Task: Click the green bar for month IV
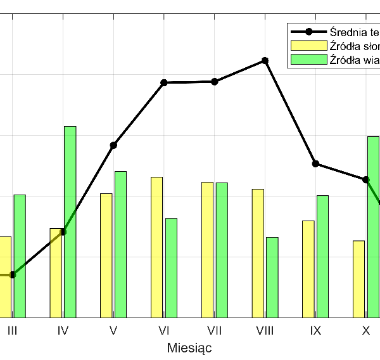coord(70,222)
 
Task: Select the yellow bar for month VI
coord(156,247)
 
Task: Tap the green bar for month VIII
coord(272,277)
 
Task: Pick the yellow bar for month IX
coord(308,269)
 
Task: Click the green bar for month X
coord(373,226)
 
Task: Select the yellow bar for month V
coord(106,255)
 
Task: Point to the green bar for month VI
coord(171,267)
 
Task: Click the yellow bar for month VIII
coord(258,253)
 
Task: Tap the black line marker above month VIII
coord(265,60)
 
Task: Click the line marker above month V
coord(113,145)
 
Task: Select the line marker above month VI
coord(164,82)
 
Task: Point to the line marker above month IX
coord(315,164)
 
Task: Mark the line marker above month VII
coord(215,81)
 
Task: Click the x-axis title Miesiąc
coord(189,348)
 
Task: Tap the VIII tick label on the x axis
coord(265,330)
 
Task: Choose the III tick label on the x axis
coord(12,330)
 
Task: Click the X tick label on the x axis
coord(366,330)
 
